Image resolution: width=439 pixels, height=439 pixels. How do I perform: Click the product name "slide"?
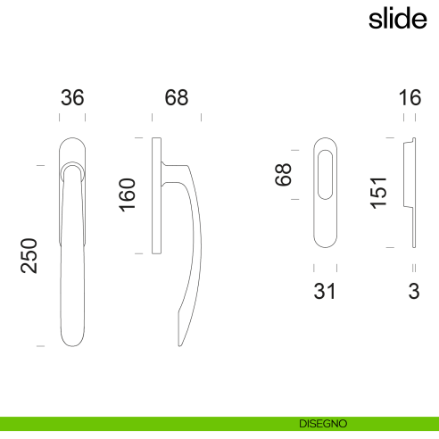coord(397,19)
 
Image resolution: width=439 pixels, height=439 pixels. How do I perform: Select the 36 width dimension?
coord(71,97)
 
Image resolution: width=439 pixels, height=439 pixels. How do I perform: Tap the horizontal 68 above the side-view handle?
coord(177,97)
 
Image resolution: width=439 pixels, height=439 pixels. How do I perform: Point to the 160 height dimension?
coord(128,195)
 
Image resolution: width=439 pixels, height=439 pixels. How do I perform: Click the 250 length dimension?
coord(29,255)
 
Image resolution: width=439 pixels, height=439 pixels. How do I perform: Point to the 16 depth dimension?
coord(410,97)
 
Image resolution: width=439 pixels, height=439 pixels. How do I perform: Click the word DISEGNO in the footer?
coord(323,423)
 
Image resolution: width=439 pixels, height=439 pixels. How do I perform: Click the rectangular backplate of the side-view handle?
coord(157,196)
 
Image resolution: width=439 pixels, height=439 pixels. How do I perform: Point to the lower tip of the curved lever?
coord(181,341)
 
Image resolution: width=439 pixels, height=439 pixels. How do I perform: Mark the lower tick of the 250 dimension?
coord(39,344)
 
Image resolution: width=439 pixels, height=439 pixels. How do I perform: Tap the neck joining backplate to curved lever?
coord(172,167)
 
